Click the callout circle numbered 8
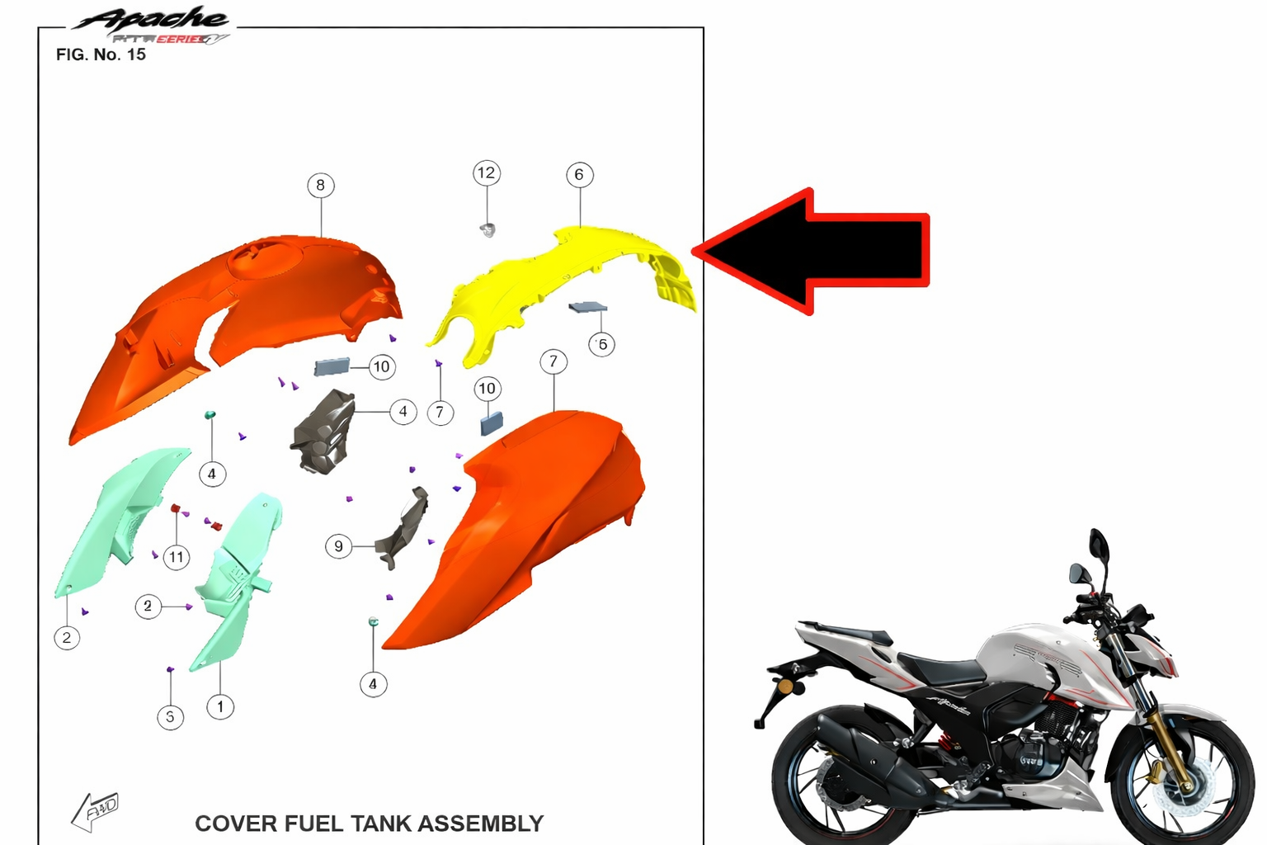pyautogui.click(x=321, y=185)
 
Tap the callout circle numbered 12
pyautogui.click(x=486, y=172)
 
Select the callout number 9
pyautogui.click(x=338, y=546)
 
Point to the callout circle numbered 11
pyautogui.click(x=177, y=557)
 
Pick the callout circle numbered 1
pyautogui.click(x=220, y=706)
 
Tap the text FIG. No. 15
pyautogui.click(x=101, y=54)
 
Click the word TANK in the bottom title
pyautogui.click(x=382, y=824)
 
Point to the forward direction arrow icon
pyautogui.click(x=95, y=810)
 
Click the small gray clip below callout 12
pyautogui.click(x=487, y=229)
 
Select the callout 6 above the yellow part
pyautogui.click(x=579, y=174)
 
